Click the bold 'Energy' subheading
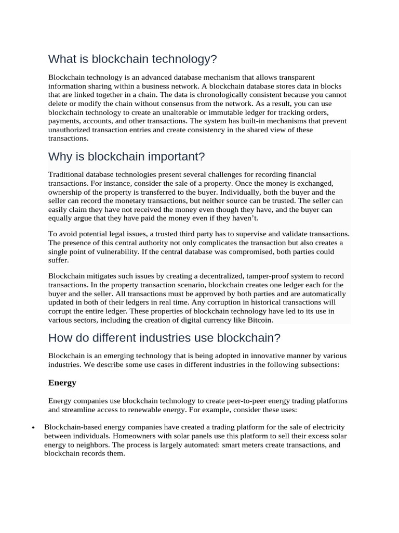(62, 383)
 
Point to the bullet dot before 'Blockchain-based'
(33, 428)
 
